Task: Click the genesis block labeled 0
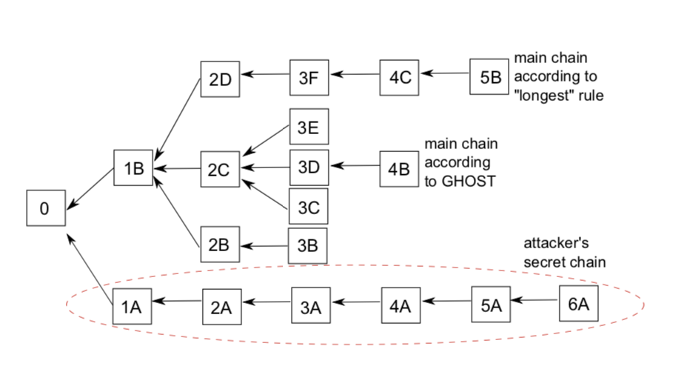tap(45, 208)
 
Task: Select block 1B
tap(133, 169)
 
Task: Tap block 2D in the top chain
tap(220, 79)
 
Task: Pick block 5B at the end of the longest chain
tap(489, 78)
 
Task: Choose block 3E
tap(308, 127)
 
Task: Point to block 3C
tap(308, 209)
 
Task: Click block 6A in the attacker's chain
tap(578, 302)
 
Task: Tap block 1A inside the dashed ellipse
tap(132, 307)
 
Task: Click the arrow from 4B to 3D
tap(354, 166)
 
